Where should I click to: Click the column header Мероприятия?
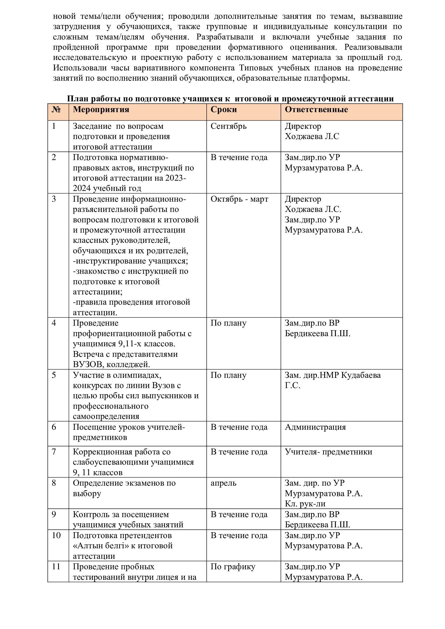click(x=101, y=109)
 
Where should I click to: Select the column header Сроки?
click(x=224, y=109)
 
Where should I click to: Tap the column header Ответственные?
click(x=316, y=109)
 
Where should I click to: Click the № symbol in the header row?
click(x=56, y=109)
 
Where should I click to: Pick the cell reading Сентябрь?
click(x=228, y=126)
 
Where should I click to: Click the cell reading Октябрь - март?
click(x=239, y=199)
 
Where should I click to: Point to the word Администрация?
click(x=315, y=427)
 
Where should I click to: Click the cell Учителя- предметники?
click(x=328, y=452)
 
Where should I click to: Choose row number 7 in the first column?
click(x=54, y=452)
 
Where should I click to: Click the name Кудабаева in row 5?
click(x=361, y=375)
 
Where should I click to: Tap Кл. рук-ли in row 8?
click(x=305, y=504)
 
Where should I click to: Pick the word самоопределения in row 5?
click(x=106, y=416)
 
